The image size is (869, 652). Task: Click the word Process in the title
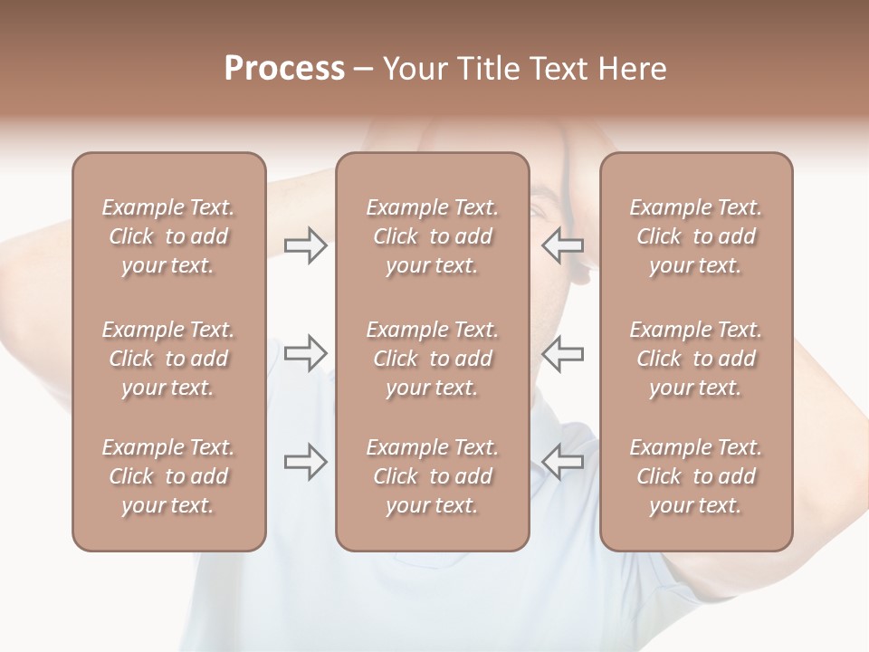pos(284,69)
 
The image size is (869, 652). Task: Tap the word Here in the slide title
pos(632,69)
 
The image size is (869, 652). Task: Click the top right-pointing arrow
pos(305,245)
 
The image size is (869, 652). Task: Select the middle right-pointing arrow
pos(305,353)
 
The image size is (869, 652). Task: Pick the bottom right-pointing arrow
pos(305,462)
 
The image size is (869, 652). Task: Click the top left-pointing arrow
pos(563,245)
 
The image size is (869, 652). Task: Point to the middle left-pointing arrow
pos(563,353)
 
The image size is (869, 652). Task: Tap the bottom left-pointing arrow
pos(563,462)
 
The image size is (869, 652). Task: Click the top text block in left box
pos(168,236)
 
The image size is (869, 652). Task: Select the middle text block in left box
pos(168,359)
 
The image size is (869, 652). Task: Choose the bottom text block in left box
pos(168,476)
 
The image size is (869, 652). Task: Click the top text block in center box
pos(432,236)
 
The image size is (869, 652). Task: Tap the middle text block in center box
pos(432,359)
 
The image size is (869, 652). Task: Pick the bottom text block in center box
pos(432,476)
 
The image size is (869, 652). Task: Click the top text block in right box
pos(696,236)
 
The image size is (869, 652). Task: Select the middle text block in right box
pos(696,359)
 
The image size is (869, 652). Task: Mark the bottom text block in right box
pos(696,476)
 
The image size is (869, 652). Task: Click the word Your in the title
pos(413,69)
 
